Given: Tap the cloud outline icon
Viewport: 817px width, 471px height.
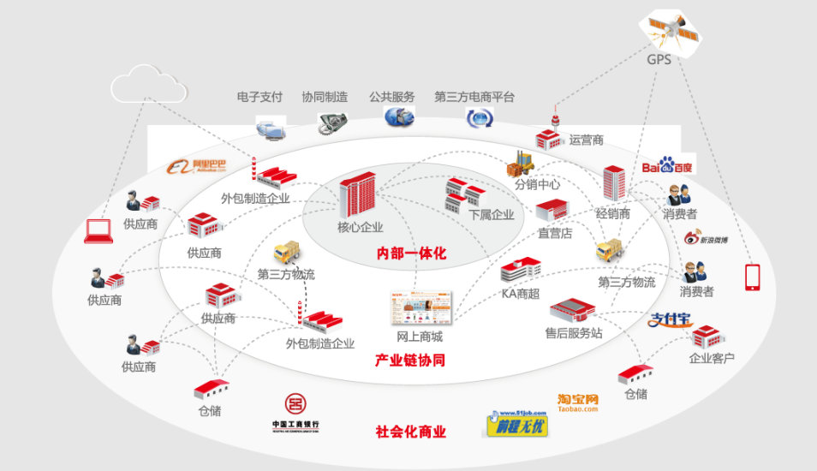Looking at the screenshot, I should (x=147, y=84).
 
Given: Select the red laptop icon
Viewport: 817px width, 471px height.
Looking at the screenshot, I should (x=98, y=230).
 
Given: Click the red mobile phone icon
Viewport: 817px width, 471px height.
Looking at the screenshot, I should (x=753, y=276).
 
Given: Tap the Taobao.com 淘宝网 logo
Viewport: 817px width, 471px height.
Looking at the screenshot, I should (x=577, y=402).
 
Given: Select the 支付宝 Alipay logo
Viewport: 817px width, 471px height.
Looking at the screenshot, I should (x=670, y=320).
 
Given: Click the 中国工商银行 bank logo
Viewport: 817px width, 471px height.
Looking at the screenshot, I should (x=295, y=414).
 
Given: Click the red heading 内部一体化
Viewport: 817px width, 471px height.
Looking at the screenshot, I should (x=411, y=253).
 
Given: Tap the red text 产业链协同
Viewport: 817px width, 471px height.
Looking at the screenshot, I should (x=410, y=361).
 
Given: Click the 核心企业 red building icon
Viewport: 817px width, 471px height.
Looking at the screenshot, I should (x=357, y=194).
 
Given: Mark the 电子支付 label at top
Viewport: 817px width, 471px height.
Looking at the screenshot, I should (x=259, y=98).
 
